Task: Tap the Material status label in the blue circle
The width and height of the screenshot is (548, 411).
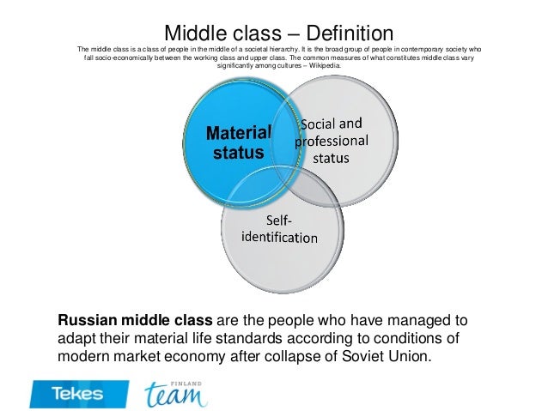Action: click(x=239, y=142)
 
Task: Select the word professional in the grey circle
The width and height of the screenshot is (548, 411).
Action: click(x=332, y=141)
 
